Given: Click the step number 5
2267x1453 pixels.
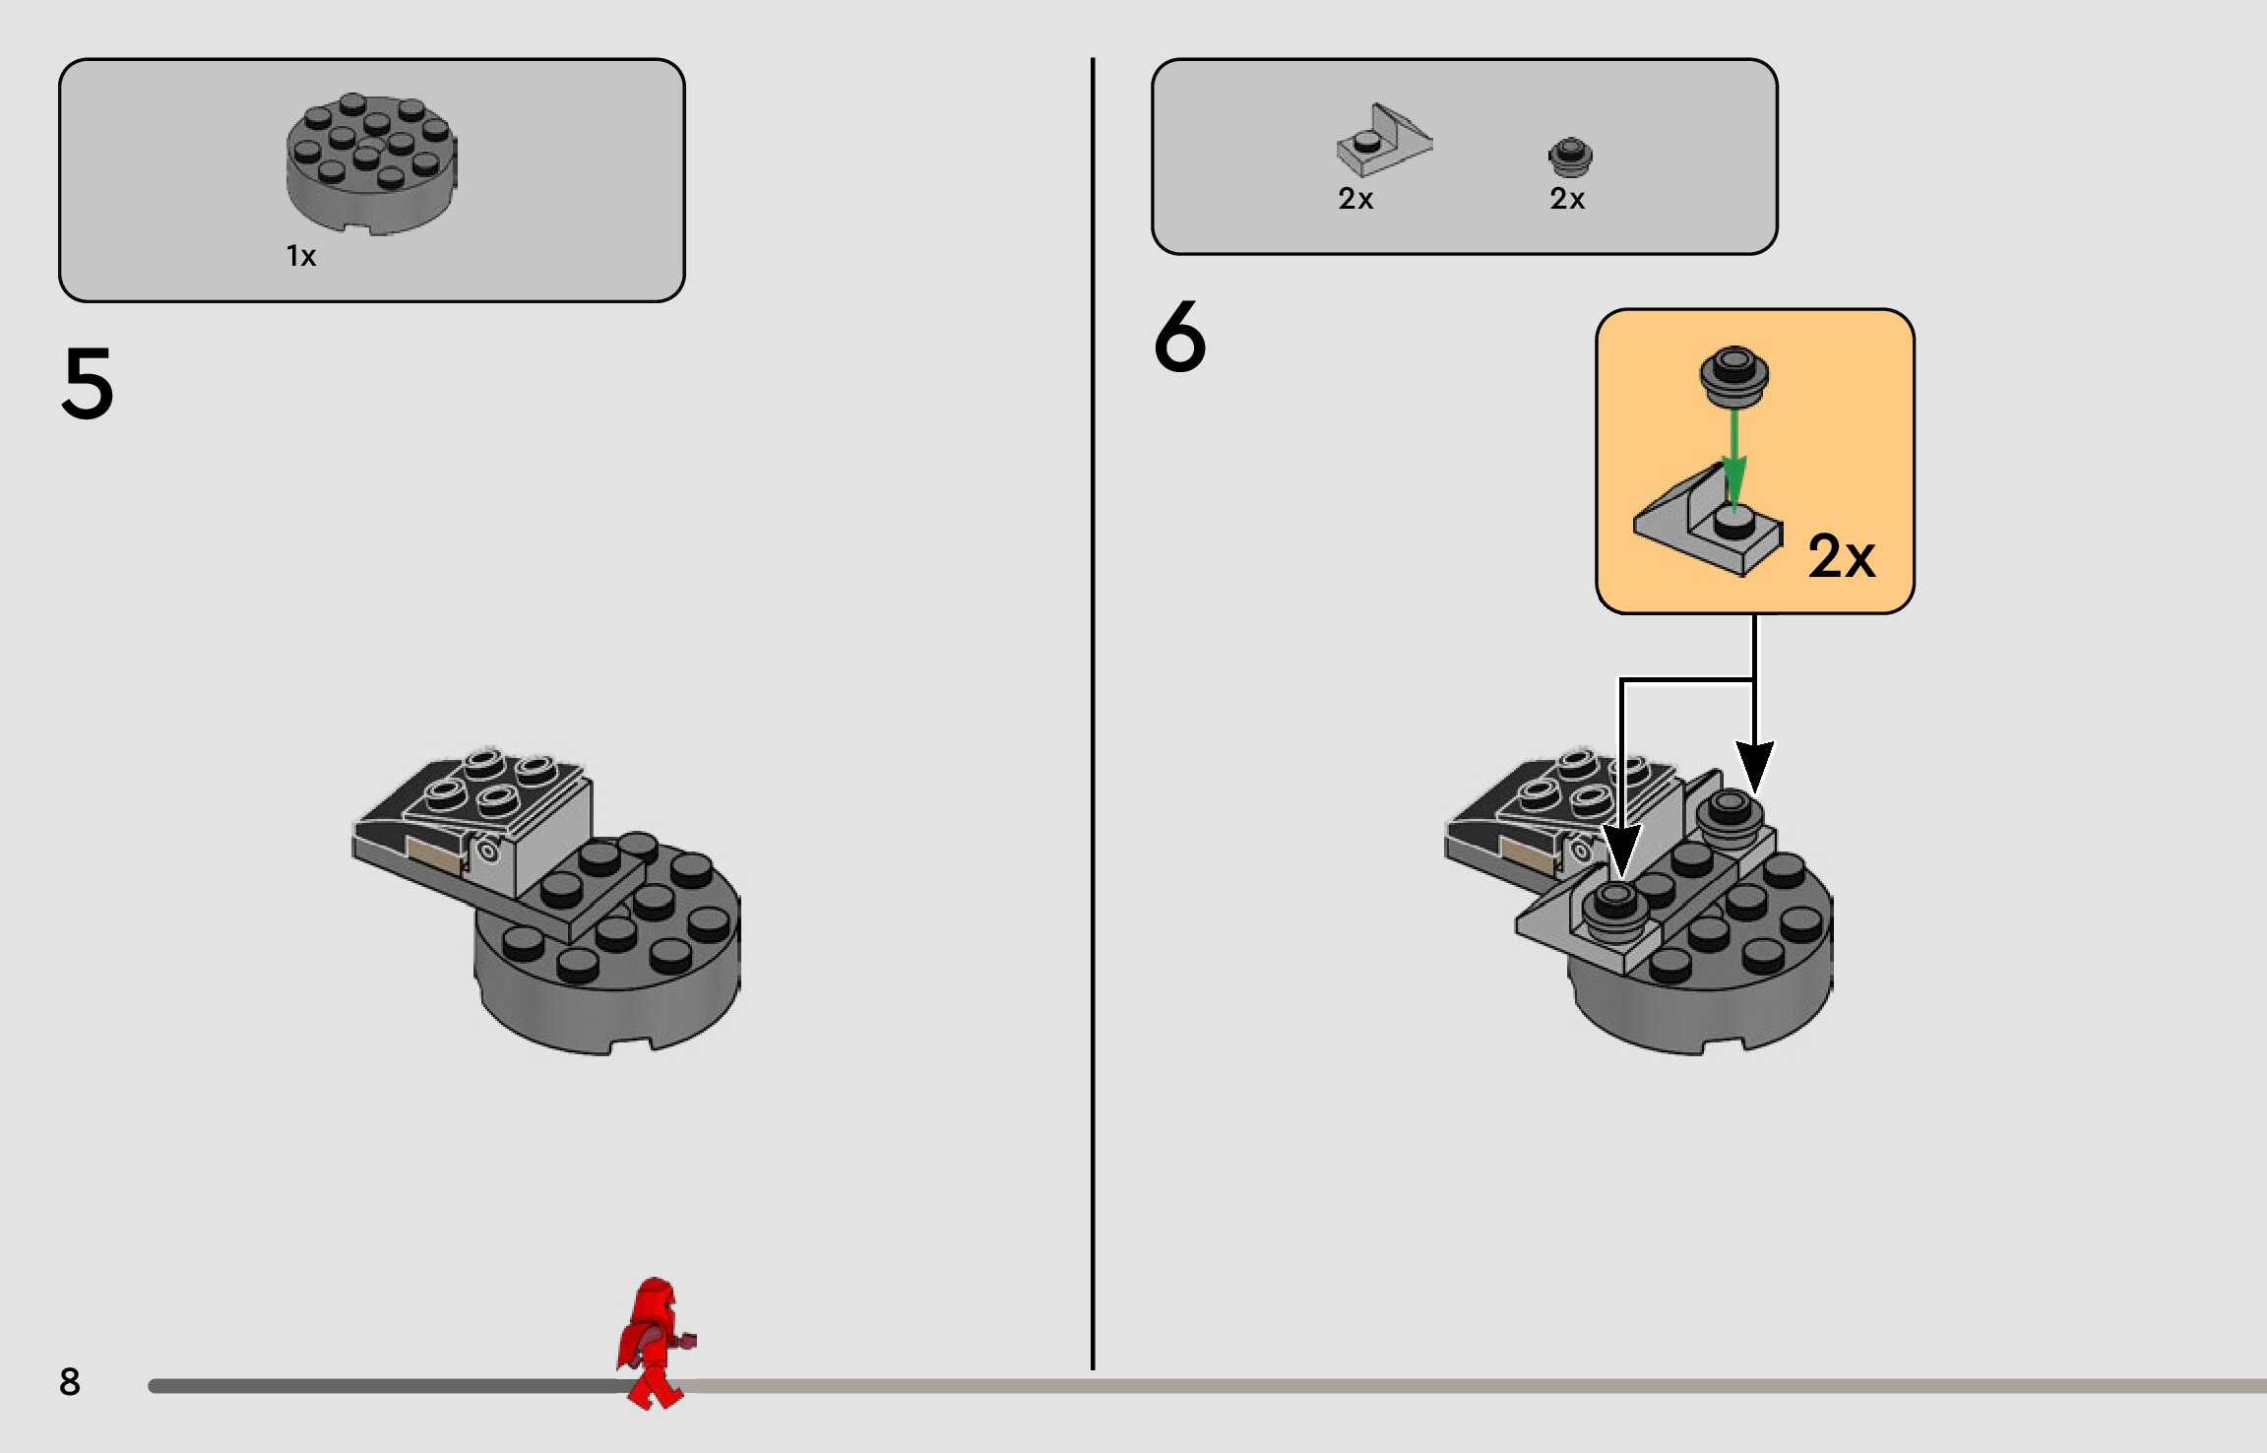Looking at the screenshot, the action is coord(88,383).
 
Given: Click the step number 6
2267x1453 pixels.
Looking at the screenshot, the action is coord(1179,337).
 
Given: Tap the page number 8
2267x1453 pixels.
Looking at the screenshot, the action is coord(69,1381).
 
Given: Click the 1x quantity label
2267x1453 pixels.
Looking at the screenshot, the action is coord(301,256).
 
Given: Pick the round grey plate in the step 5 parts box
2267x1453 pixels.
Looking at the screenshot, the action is coord(372,164).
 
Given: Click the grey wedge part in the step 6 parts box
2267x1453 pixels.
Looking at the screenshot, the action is coord(1383,140).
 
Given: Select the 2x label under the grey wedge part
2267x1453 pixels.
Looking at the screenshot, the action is coord(1355,199).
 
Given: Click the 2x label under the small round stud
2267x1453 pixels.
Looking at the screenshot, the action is coord(1567,199).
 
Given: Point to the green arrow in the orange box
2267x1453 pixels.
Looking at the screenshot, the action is coord(1734,458).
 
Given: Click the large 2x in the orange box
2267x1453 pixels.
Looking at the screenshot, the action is coord(1842,556).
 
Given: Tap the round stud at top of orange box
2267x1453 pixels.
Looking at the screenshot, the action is coord(1734,376).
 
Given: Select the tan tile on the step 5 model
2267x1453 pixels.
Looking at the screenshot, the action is coord(434,854).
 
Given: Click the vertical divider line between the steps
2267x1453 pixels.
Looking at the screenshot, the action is coord(1093,714).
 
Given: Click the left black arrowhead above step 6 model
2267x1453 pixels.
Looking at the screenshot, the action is coord(1621,850).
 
